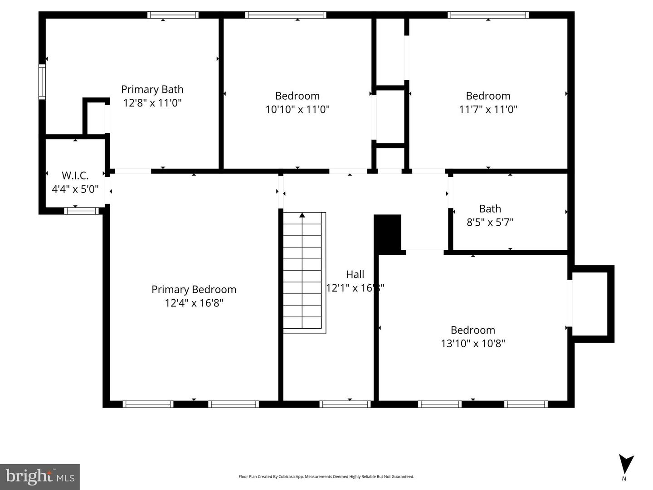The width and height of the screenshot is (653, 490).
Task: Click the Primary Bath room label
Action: pyautogui.click(x=152, y=89)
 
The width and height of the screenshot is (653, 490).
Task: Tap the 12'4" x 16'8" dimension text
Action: pyautogui.click(x=194, y=303)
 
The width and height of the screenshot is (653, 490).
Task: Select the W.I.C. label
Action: pyautogui.click(x=75, y=175)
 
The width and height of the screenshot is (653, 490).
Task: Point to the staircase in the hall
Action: pyautogui.click(x=302, y=272)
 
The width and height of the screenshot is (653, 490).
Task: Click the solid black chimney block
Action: pyautogui.click(x=388, y=233)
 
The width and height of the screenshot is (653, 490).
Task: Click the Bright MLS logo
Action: pyautogui.click(x=40, y=476)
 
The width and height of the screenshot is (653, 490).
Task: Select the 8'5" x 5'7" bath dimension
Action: pyautogui.click(x=490, y=222)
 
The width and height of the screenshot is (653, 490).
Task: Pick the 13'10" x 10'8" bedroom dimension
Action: pyautogui.click(x=473, y=344)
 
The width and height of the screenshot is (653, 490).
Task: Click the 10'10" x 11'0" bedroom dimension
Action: pyautogui.click(x=297, y=109)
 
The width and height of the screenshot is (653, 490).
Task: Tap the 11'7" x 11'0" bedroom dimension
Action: pyautogui.click(x=488, y=109)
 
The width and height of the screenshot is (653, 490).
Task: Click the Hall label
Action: pyautogui.click(x=355, y=274)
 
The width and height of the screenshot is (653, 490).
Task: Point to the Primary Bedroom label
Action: pyautogui.click(x=194, y=289)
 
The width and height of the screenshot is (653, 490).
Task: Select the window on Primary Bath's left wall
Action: pyautogui.click(x=42, y=82)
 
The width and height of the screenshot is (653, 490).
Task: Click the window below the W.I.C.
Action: pyautogui.click(x=81, y=210)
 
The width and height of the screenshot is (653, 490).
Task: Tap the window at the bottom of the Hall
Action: pyautogui.click(x=345, y=404)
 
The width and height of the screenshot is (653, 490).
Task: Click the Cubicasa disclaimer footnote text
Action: pyautogui.click(x=326, y=476)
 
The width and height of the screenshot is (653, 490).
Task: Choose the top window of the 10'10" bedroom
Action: pyautogui.click(x=285, y=15)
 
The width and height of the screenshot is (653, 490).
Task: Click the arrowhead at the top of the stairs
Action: pyautogui.click(x=302, y=215)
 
